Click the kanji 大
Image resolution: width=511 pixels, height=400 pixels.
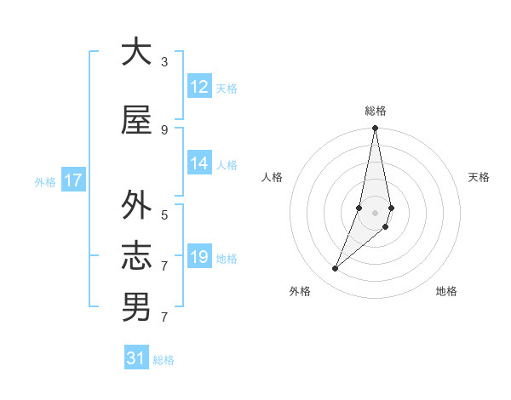(136, 52)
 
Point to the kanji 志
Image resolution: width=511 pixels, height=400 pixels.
(136, 256)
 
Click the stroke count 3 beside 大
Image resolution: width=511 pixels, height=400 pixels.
(164, 61)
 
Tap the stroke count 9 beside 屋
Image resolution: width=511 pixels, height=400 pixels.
(164, 129)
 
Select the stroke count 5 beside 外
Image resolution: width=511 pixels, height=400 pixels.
(164, 214)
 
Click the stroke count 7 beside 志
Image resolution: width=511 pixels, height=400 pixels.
(164, 266)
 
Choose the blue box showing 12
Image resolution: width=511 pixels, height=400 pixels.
(199, 87)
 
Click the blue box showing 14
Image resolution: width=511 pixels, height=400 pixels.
(199, 163)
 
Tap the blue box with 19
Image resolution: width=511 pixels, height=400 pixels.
(199, 257)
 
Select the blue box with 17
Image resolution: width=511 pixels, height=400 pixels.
(72, 180)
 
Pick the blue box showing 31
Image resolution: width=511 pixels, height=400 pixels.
(136, 358)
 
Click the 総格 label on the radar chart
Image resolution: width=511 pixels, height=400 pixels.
(376, 111)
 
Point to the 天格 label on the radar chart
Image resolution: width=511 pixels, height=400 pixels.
(479, 177)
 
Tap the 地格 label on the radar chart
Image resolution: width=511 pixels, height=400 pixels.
(446, 291)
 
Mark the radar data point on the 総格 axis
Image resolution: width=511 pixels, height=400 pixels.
(375, 129)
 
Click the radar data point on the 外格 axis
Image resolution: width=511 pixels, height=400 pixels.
(336, 269)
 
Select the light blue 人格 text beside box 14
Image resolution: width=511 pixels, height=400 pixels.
(227, 164)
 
